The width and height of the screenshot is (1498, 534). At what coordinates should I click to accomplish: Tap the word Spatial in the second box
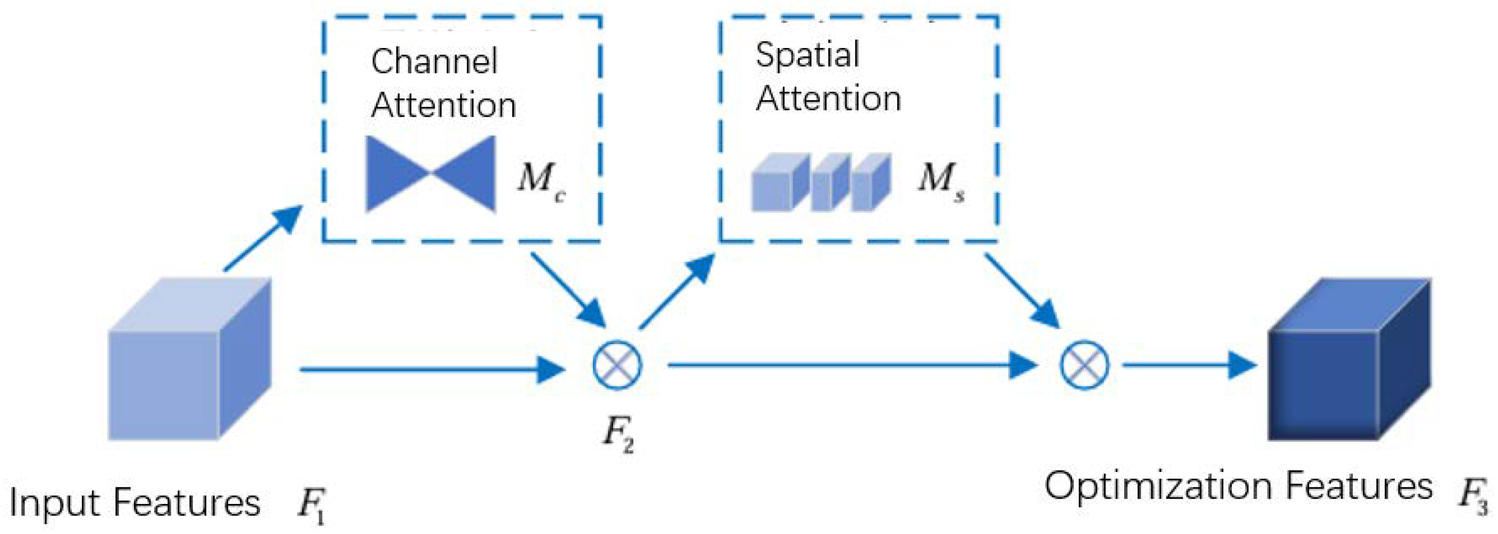click(807, 55)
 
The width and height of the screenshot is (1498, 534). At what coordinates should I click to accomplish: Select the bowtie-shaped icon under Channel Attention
click(431, 173)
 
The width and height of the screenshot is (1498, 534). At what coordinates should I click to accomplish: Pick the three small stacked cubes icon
click(821, 182)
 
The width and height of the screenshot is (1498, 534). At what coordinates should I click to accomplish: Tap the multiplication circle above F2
click(617, 365)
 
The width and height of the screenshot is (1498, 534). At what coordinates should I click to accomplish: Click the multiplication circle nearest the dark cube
click(1084, 365)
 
